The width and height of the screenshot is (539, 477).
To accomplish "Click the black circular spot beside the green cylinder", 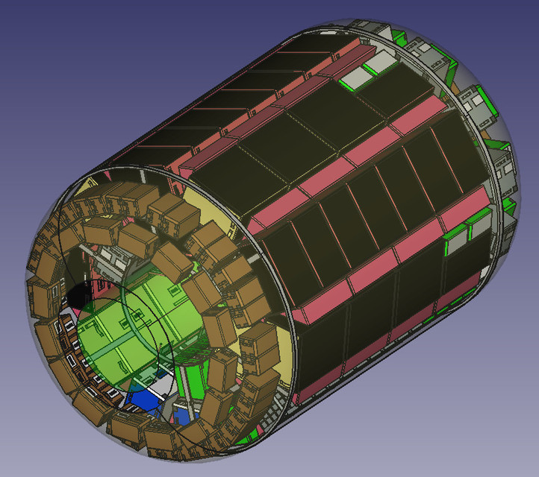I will [81, 293].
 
